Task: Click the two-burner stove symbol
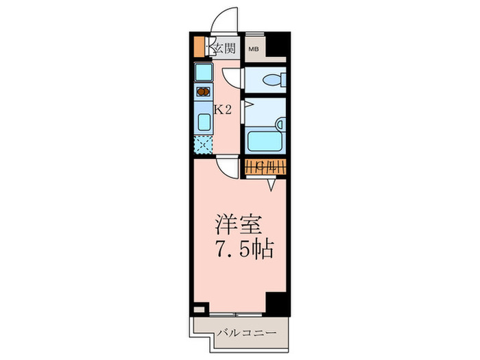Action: tap(203, 91)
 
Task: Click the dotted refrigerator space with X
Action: tap(203, 145)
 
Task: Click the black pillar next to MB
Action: tap(276, 45)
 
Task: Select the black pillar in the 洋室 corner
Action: tap(277, 302)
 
